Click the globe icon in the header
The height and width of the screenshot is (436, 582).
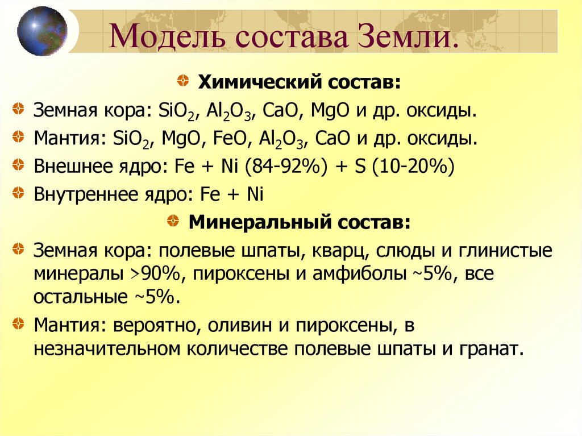[42, 31]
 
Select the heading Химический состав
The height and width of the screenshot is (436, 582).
[299, 83]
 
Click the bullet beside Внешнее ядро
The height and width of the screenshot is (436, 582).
[19, 165]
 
